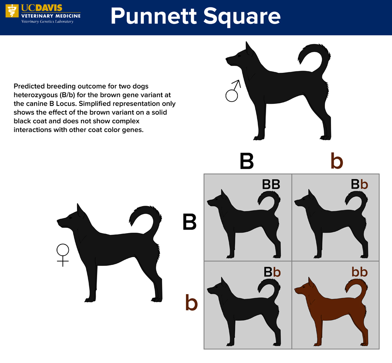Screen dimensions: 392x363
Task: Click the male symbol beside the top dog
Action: tap(232, 95)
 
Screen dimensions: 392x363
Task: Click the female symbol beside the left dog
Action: tap(63, 250)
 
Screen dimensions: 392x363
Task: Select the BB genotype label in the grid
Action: tap(271, 185)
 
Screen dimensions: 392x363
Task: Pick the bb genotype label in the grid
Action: tap(359, 271)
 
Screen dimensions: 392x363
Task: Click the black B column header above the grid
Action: tap(247, 161)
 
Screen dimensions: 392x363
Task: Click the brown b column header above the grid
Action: tap(337, 161)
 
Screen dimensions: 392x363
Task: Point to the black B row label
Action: tap(189, 222)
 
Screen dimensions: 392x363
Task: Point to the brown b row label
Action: tap(191, 302)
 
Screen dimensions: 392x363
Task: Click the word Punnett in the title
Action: tap(154, 16)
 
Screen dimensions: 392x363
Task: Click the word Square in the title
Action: tap(242, 17)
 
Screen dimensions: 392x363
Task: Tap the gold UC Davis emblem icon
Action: tap(12, 11)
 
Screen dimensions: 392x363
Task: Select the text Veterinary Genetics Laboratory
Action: tap(47, 21)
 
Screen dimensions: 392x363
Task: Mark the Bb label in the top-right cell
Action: tap(359, 185)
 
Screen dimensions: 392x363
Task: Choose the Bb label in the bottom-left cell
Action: tap(272, 272)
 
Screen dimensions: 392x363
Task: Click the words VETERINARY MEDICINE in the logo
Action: tap(51, 16)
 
